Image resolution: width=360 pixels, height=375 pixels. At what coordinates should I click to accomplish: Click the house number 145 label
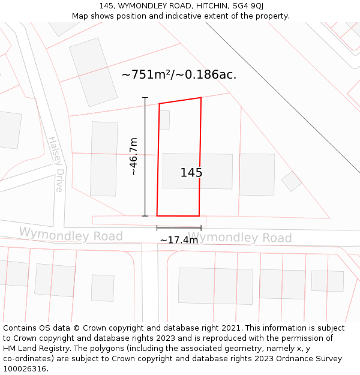point(191,173)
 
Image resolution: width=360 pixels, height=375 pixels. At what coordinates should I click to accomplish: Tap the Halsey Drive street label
point(56,164)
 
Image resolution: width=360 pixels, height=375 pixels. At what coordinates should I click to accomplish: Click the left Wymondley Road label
point(71,234)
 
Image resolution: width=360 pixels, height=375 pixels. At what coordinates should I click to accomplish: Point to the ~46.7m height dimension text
point(133,156)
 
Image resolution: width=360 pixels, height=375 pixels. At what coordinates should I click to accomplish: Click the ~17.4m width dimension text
point(179,240)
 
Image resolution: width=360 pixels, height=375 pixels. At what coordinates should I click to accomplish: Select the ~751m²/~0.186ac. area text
point(179,74)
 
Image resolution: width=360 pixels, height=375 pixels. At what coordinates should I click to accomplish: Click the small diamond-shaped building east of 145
point(292,181)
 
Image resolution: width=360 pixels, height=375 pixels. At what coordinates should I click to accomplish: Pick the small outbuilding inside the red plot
point(164,120)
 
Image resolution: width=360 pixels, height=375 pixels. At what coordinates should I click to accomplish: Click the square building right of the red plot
point(257,175)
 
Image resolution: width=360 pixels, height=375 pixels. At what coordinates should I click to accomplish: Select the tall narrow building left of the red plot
point(104,159)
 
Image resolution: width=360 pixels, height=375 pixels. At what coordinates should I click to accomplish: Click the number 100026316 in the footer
point(26,369)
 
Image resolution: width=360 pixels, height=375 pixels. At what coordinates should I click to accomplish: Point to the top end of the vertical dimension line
point(145,97)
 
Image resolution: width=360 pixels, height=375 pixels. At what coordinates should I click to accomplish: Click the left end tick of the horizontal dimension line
point(157,228)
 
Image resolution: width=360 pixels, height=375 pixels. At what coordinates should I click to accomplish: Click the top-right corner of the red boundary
point(201,98)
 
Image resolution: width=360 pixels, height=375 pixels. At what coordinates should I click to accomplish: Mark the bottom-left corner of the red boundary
point(157,215)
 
